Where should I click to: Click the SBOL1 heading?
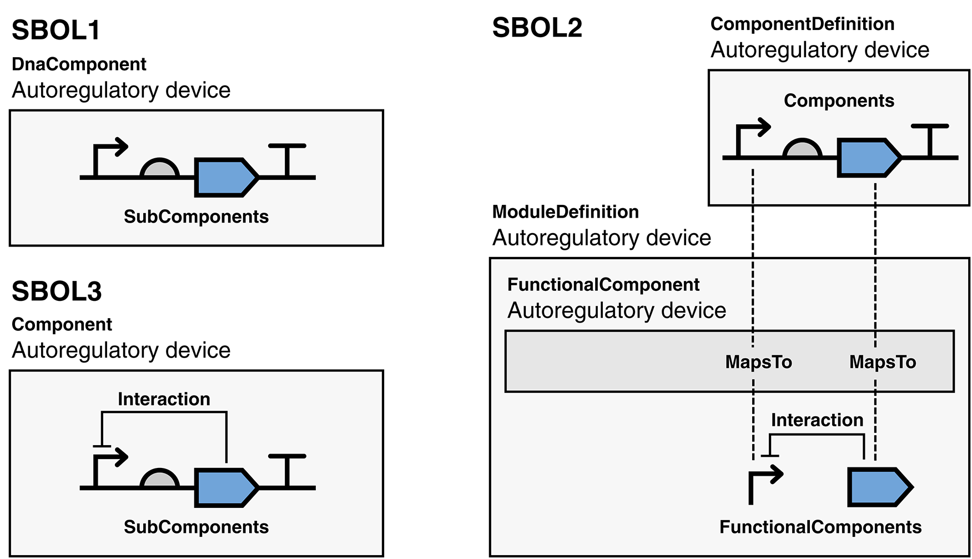click(56, 30)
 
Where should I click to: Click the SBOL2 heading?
click(537, 28)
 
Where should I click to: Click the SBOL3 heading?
click(57, 291)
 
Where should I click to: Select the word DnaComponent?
click(79, 64)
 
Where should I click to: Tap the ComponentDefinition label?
click(802, 24)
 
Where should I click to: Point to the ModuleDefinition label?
click(565, 211)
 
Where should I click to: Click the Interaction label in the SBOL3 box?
click(164, 399)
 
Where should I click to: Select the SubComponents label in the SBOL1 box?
click(196, 216)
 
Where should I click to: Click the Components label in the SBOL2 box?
click(839, 100)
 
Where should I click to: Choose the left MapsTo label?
click(758, 362)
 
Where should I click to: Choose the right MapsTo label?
click(883, 362)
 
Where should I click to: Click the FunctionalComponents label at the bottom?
click(820, 527)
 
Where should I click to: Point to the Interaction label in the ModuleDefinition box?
click(817, 420)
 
